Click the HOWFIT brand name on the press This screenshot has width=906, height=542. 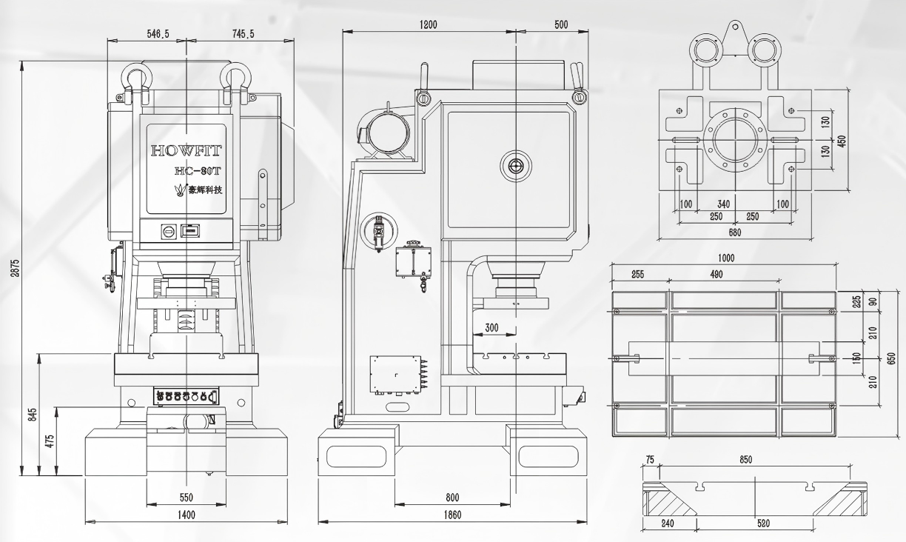[x=186, y=151]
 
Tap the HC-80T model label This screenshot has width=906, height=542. [x=198, y=171]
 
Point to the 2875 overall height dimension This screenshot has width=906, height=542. [x=15, y=268]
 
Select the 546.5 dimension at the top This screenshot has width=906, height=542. [x=158, y=34]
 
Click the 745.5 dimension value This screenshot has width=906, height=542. [x=244, y=34]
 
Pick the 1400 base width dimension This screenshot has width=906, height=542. [x=187, y=515]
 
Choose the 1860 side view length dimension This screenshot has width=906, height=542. [x=452, y=515]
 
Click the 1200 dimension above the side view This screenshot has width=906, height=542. [x=429, y=24]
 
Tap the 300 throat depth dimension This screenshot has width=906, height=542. [x=491, y=327]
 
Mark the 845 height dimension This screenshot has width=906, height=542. [x=33, y=414]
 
